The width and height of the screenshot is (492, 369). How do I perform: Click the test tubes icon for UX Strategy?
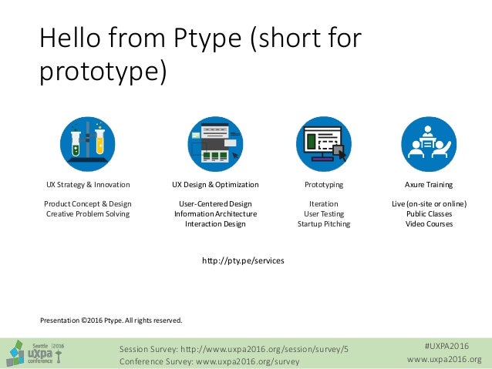point(87,144)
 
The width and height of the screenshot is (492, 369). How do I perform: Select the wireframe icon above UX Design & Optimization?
point(214,144)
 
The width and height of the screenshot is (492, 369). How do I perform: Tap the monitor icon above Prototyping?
point(323,144)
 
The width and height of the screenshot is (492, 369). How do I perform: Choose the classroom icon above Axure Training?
point(429,144)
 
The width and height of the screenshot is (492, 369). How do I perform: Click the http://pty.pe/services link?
point(243,261)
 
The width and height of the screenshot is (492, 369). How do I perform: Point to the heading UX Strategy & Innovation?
point(87,185)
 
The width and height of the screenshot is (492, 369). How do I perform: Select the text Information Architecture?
point(215,213)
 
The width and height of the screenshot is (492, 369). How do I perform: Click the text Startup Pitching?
point(324,224)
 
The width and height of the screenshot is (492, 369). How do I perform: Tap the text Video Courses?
point(429,224)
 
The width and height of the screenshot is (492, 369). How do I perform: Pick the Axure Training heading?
point(429,185)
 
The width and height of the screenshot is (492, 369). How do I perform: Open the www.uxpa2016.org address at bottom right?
point(443,360)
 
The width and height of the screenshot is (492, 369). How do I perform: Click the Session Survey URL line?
point(234,348)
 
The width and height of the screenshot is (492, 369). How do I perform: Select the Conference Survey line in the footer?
point(209,360)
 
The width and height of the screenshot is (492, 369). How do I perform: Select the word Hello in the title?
point(72,39)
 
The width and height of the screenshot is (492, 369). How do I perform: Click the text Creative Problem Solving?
point(87,213)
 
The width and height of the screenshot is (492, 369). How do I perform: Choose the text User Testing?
point(324,213)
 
